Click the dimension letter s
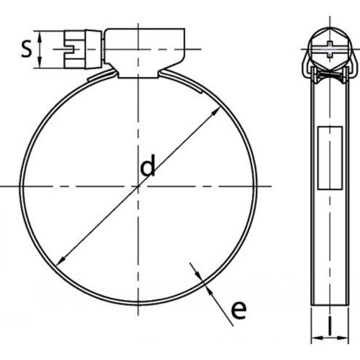[x=26, y=49]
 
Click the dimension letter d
[x=148, y=165]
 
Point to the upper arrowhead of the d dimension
[x=216, y=111]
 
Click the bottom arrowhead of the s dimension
[x=40, y=63]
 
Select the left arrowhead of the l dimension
[x=316, y=338]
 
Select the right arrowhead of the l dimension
[x=343, y=338]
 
